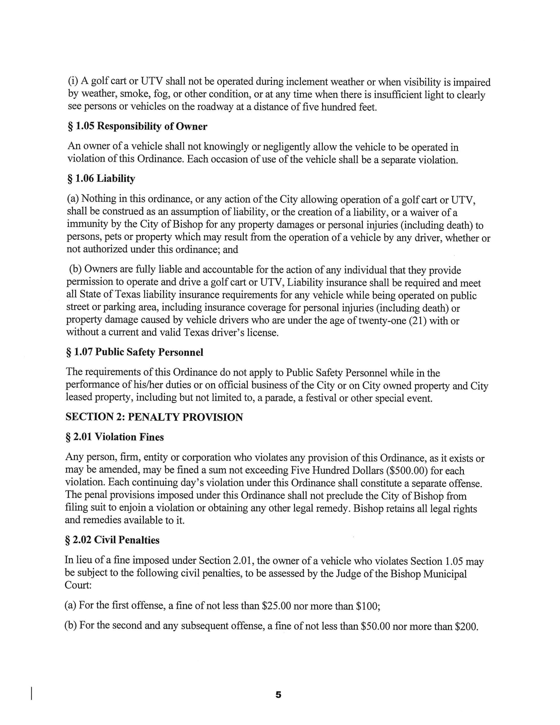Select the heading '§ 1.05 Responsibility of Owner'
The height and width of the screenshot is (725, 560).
click(x=137, y=126)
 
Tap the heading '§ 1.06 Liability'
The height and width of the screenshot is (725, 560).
click(x=101, y=179)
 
